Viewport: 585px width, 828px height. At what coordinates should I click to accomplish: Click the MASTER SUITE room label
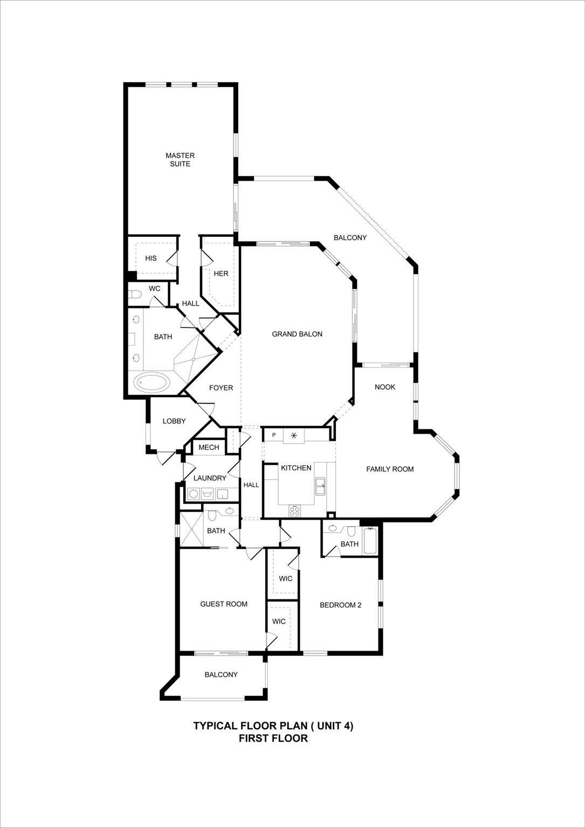point(180,160)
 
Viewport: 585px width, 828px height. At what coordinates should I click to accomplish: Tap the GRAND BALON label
point(297,334)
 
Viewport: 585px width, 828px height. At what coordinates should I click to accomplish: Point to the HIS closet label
point(151,258)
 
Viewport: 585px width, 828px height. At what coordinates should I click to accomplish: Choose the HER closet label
point(221,273)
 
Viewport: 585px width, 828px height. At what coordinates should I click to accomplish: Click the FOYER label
point(221,388)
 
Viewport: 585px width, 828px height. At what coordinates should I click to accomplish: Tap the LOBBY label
point(174,421)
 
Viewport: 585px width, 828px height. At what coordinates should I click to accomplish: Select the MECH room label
point(209,447)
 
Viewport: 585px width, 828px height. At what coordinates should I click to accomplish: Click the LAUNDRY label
point(210,478)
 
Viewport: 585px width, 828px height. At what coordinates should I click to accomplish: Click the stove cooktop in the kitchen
point(294,510)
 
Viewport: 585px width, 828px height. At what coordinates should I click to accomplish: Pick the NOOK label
point(385,387)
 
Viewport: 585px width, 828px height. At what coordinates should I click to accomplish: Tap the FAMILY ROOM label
point(390,469)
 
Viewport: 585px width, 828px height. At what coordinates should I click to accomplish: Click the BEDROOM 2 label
point(340,605)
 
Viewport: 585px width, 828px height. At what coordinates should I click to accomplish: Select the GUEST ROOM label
point(224,604)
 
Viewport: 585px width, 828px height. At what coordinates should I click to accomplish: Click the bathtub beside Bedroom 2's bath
point(370,541)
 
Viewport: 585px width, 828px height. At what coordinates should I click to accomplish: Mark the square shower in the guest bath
point(191,529)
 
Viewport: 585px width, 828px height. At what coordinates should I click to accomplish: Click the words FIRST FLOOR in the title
point(273,739)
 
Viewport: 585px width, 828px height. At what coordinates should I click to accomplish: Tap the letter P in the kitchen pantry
point(274,435)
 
